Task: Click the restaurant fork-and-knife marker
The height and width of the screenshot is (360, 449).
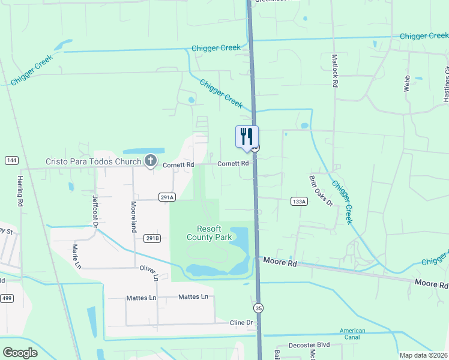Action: pyautogui.click(x=246, y=137)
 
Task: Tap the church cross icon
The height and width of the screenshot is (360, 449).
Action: pyautogui.click(x=149, y=161)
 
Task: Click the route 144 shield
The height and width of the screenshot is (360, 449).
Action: pyautogui.click(x=11, y=160)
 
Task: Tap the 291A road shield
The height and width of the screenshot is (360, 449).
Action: pyautogui.click(x=167, y=197)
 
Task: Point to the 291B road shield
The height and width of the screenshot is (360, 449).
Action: pyautogui.click(x=152, y=238)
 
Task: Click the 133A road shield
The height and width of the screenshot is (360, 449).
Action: pyautogui.click(x=298, y=201)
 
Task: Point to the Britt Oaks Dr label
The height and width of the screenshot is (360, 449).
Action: pyautogui.click(x=320, y=191)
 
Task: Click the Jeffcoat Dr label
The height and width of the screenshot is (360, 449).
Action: pyautogui.click(x=95, y=208)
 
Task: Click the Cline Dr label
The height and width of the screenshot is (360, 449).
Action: pyautogui.click(x=242, y=323)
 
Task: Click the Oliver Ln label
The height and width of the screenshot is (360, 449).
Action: pyautogui.click(x=148, y=273)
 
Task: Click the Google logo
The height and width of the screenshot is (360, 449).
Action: pyautogui.click(x=20, y=353)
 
